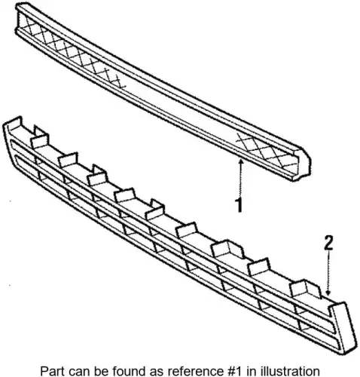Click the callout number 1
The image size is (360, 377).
239,205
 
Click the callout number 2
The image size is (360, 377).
328,243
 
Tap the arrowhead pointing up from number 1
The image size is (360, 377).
240,162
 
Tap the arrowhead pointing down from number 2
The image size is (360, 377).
328,292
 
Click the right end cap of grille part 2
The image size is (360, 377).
344,326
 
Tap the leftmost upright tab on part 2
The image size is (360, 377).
13,124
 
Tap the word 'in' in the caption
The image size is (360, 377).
251,371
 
